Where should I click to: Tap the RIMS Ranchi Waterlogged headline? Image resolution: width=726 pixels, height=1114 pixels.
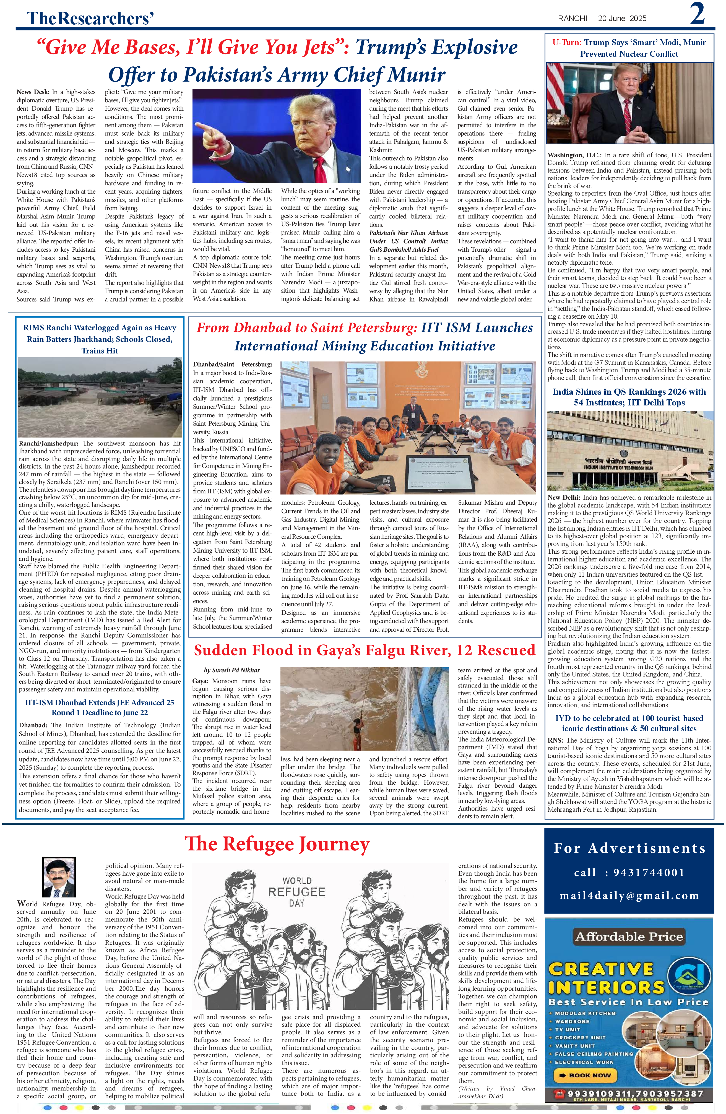click(99, 339)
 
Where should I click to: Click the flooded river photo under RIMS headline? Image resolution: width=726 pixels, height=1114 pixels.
click(99, 397)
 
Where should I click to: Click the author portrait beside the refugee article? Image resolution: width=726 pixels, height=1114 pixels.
click(59, 877)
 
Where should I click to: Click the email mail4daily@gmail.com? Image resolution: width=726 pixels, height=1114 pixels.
click(629, 896)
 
